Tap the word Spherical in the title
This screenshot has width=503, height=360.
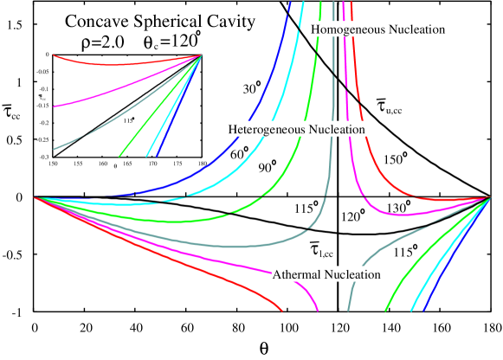coord(164,22)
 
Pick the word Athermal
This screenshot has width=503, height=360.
coord(297,274)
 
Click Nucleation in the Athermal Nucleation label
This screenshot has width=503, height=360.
coord(352,274)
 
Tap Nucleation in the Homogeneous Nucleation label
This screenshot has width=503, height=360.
coord(416,29)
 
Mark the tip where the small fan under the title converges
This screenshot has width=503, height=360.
coord(201,56)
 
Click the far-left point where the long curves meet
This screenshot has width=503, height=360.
coord(35,197)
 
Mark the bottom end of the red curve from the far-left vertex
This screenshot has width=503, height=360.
coord(282,309)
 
